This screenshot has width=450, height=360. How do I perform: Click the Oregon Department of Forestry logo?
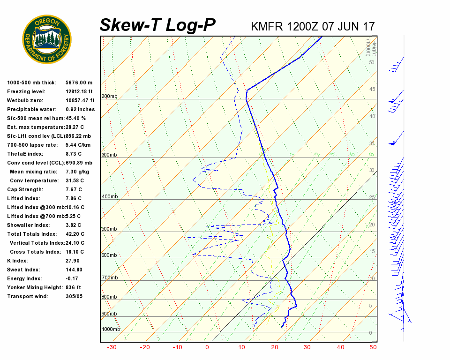pos(47,39)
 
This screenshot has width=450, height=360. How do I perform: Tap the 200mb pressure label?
pos(109,97)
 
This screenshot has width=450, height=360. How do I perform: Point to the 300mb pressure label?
pos(109,155)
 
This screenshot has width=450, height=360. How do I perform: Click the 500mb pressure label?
pos(109,229)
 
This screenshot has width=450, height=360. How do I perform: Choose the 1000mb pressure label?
pos(111,330)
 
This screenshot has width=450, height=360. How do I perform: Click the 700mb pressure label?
pos(109,278)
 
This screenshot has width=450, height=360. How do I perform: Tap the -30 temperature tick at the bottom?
pos(112,347)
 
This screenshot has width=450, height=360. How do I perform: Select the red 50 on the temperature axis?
pos(373,347)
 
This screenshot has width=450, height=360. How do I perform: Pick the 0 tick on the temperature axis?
pos(207,347)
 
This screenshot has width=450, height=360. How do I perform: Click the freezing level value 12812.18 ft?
pos(80,91)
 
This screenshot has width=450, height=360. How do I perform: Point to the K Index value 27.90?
pos(73,261)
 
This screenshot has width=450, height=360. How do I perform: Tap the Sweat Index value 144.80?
pos(74,270)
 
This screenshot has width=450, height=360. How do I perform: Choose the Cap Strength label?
pos(25,189)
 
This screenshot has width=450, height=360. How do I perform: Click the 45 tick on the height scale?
pos(371,90)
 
